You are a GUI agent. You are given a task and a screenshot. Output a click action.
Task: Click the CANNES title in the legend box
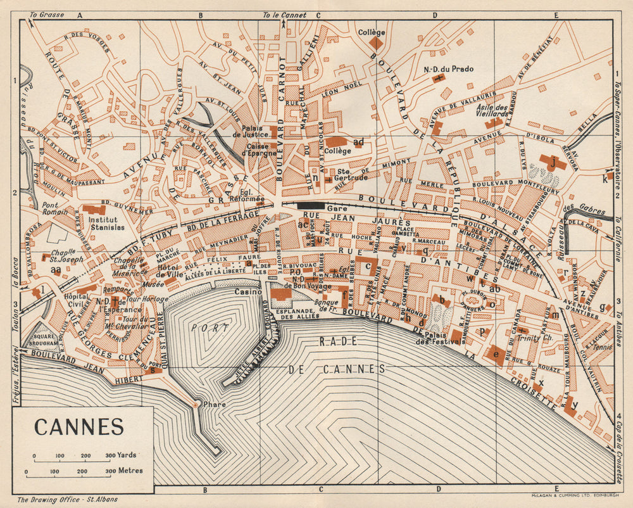pyautogui.click(x=79, y=427)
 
